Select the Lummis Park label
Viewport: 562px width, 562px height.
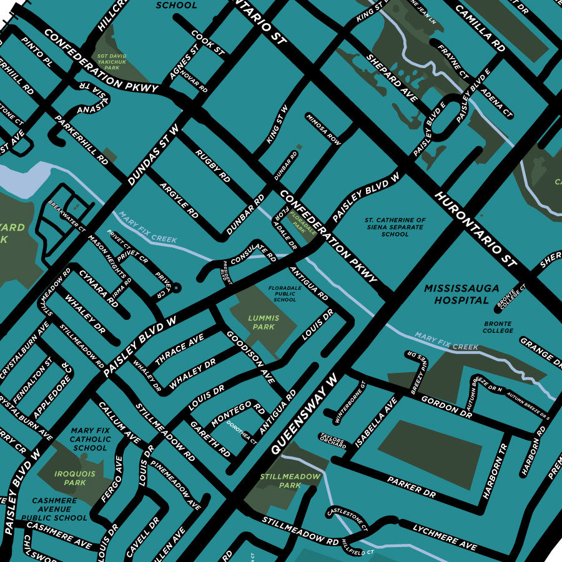[x=262, y=322]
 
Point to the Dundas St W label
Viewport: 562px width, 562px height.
[x=153, y=154]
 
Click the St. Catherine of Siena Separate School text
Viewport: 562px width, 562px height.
[x=395, y=227]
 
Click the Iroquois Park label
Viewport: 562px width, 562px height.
[x=75, y=478]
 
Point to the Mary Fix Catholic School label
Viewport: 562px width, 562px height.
[x=90, y=439]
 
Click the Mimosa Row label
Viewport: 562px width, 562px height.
[x=323, y=129]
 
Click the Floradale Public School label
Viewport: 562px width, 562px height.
[x=285, y=295]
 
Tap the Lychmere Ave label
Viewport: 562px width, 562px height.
[x=444, y=537]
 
